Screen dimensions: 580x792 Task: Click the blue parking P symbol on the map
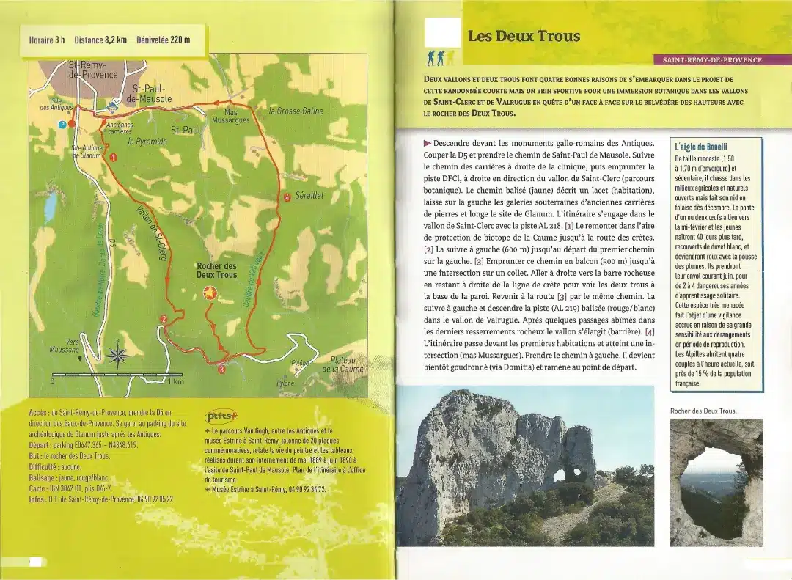(x=62, y=125)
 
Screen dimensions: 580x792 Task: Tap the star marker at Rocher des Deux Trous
(x=209, y=293)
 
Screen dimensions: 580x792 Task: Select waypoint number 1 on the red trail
(x=113, y=157)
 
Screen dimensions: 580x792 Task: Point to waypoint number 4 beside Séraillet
(x=287, y=197)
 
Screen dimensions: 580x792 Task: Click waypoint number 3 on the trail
(x=221, y=370)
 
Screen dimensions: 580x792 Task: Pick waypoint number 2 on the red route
(x=164, y=318)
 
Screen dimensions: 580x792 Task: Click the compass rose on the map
(x=117, y=356)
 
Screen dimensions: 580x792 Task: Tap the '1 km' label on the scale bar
(x=175, y=382)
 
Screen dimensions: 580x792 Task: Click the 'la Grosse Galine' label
(x=296, y=111)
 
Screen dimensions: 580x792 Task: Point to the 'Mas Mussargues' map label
(x=230, y=116)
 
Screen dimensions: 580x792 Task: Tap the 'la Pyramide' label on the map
(x=147, y=142)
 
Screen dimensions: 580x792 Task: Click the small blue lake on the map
(x=49, y=210)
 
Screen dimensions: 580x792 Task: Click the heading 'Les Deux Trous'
(x=524, y=36)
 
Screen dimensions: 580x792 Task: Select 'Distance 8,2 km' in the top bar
(x=100, y=40)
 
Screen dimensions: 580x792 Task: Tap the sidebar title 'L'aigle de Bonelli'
(x=701, y=147)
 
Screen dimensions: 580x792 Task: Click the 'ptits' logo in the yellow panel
(x=221, y=415)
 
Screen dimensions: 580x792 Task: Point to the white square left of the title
(x=443, y=32)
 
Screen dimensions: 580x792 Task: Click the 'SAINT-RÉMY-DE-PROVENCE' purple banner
(x=711, y=59)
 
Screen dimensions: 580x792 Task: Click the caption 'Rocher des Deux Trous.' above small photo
(x=703, y=411)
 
